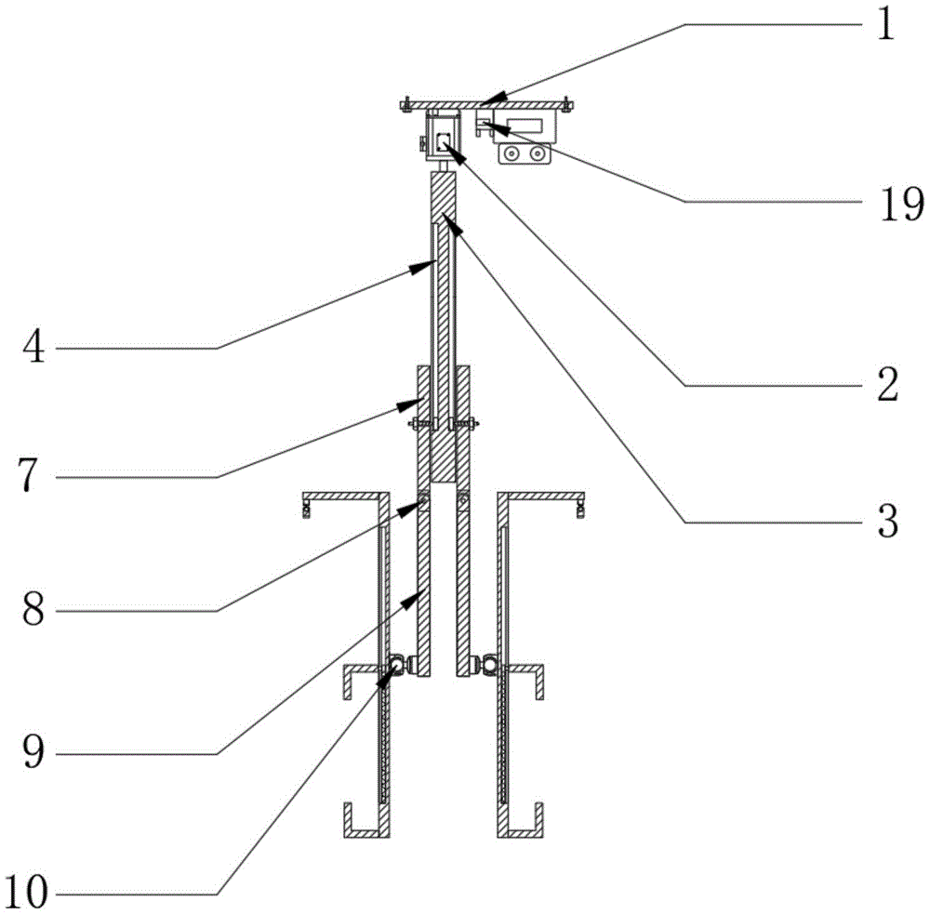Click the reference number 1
pyautogui.click(x=884, y=26)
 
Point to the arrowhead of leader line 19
pyautogui.click(x=484, y=123)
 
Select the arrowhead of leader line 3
pyautogui.click(x=445, y=218)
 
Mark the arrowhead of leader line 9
pyautogui.click(x=418, y=596)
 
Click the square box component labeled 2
pyautogui.click(x=444, y=140)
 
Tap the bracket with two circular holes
pyautogui.click(x=525, y=155)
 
